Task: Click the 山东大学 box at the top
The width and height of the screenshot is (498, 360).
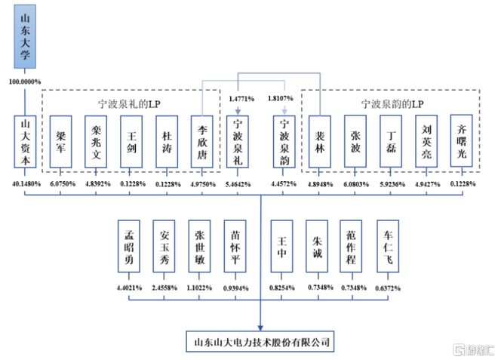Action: coord(25,36)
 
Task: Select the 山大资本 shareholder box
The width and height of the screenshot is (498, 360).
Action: coord(25,142)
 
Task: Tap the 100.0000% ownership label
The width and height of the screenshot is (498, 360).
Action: coord(25,82)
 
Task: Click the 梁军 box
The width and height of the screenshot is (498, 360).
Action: coord(60,142)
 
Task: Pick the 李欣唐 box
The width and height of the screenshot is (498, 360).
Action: coord(202,142)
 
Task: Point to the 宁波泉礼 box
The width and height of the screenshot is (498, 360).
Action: coord(238,142)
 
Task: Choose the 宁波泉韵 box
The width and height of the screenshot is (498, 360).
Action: coord(284,142)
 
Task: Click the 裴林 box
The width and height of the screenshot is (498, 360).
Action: coord(320,142)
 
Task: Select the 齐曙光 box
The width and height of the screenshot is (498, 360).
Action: coord(462,141)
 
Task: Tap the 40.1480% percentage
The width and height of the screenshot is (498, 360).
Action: coord(26,184)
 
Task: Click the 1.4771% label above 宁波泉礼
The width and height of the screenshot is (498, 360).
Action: coord(241,99)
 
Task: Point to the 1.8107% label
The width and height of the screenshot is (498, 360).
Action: coord(281,99)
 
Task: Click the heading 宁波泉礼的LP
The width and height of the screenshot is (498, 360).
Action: coord(129,104)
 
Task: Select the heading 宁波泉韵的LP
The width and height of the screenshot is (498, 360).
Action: coord(392,104)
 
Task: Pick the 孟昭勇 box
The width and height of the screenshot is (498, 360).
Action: coord(129,246)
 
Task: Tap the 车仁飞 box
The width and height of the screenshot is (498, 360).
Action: coord(388,246)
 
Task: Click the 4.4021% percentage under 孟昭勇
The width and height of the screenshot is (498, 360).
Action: coord(129,288)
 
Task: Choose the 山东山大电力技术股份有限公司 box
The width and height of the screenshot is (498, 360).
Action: coord(260,342)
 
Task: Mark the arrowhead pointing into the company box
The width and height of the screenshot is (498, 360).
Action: coord(260,328)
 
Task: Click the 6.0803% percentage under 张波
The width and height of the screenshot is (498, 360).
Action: coord(356,184)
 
